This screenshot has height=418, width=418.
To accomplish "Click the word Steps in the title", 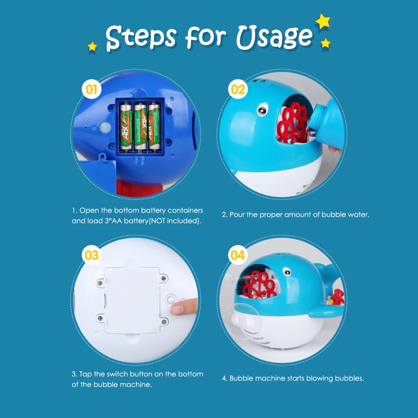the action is [x=141, y=37].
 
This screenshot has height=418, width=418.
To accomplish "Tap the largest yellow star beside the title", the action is [x=323, y=21].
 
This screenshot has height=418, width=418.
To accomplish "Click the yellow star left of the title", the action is [x=92, y=46].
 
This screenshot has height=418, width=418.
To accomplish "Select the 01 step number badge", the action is [x=91, y=90].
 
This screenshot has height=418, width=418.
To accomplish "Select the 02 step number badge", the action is [x=238, y=89].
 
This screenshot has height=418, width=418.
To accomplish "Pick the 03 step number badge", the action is [x=91, y=255].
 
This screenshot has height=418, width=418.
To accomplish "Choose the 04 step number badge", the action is [x=238, y=255].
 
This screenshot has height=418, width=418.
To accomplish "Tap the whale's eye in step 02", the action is [x=263, y=110].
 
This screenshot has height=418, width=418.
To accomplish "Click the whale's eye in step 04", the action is [x=287, y=272].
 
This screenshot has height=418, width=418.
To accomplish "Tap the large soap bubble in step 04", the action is [x=246, y=319].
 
